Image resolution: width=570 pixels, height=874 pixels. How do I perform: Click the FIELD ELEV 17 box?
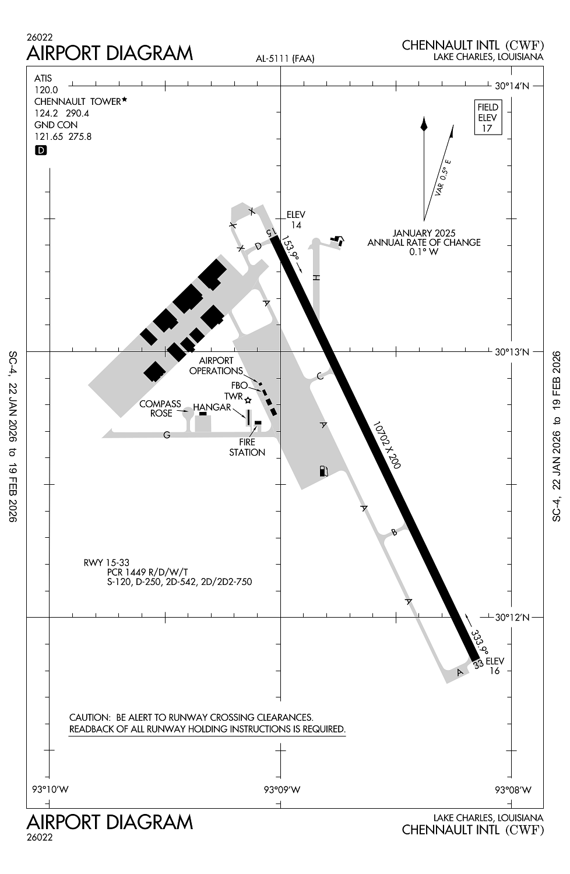[x=488, y=118]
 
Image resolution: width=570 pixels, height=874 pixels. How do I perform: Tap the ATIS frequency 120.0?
[x=46, y=90]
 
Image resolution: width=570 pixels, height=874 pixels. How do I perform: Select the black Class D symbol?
[x=41, y=150]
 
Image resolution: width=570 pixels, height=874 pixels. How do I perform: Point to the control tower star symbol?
[x=248, y=400]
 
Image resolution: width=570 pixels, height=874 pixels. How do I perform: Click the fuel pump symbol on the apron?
[x=323, y=471]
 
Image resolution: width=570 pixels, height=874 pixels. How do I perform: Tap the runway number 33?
[x=478, y=664]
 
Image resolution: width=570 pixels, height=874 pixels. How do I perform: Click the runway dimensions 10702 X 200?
[x=386, y=445]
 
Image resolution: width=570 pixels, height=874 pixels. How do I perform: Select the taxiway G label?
[x=167, y=435]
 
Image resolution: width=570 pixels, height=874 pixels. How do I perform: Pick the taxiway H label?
[x=316, y=277]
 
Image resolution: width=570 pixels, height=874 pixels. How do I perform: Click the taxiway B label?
[x=394, y=532]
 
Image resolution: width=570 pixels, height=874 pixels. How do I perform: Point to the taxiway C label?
[x=320, y=376]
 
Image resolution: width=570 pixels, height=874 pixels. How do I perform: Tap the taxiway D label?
[x=258, y=246]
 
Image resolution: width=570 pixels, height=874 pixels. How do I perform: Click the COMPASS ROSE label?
[x=160, y=408]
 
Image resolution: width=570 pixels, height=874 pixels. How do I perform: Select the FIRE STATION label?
[x=247, y=447]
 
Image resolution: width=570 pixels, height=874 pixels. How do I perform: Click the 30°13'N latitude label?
[x=512, y=352]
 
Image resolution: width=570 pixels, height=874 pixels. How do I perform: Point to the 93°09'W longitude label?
[x=282, y=790]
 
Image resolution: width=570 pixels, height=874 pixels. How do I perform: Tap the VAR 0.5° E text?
[x=443, y=178]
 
